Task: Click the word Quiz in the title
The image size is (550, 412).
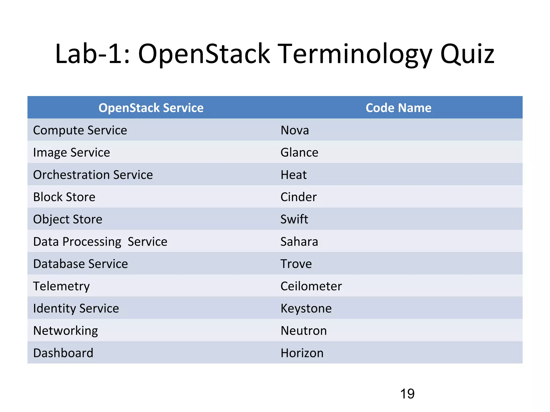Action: click(x=467, y=54)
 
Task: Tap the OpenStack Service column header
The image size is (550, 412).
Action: click(x=151, y=108)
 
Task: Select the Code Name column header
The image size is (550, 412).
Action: click(x=398, y=108)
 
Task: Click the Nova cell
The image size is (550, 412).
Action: click(x=295, y=130)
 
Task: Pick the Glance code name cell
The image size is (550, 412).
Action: click(x=299, y=153)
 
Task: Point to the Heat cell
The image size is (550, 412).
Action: click(x=293, y=175)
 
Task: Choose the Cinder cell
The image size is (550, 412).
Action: click(x=298, y=197)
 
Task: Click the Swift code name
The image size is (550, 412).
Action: click(x=294, y=219)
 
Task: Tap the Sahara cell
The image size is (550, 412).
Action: click(x=299, y=242)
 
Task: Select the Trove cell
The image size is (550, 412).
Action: click(x=296, y=264)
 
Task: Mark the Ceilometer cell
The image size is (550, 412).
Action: click(x=311, y=286)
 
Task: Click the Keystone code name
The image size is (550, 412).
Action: click(x=306, y=308)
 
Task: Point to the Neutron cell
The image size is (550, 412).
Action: click(x=303, y=331)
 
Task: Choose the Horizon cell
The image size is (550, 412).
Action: click(x=302, y=353)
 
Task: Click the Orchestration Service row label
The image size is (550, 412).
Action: click(x=93, y=175)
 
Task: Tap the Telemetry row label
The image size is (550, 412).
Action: click(x=61, y=286)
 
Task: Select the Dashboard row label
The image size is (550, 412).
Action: click(x=63, y=353)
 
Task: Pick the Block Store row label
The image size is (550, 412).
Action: click(x=64, y=197)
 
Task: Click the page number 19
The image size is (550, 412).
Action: click(x=407, y=394)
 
